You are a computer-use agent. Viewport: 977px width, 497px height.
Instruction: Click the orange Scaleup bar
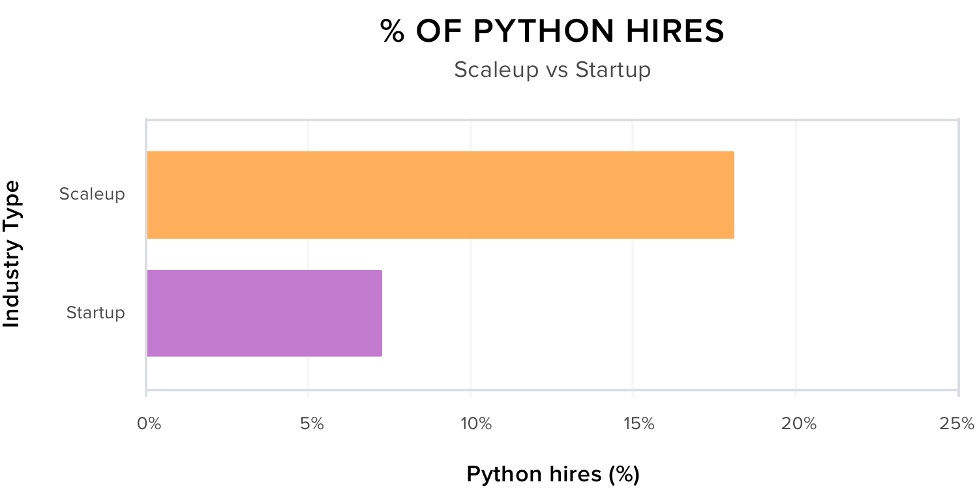pyautogui.click(x=440, y=195)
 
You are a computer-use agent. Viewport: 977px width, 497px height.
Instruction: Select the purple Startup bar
pyautogui.click(x=264, y=313)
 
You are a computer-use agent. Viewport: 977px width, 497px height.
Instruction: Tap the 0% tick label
pyautogui.click(x=149, y=424)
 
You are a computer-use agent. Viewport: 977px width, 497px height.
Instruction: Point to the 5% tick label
pyautogui.click(x=312, y=424)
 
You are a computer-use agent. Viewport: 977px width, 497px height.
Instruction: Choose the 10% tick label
pyautogui.click(x=475, y=424)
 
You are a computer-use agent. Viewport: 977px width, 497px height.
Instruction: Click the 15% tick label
pyautogui.click(x=638, y=424)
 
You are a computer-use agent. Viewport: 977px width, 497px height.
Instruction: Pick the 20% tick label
pyautogui.click(x=800, y=424)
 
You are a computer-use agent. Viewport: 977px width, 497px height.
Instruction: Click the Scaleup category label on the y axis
pyautogui.click(x=92, y=194)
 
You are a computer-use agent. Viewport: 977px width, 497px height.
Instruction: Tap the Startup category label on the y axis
pyautogui.click(x=95, y=313)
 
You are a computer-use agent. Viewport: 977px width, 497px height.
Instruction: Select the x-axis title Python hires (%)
pyautogui.click(x=553, y=475)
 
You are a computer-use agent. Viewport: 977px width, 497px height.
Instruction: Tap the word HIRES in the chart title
pyautogui.click(x=678, y=31)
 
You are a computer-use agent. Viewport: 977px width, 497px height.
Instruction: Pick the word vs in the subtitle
pyautogui.click(x=556, y=70)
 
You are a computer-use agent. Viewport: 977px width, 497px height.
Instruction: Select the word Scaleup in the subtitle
pyautogui.click(x=496, y=70)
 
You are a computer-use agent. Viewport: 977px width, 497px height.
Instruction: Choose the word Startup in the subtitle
pyautogui.click(x=612, y=70)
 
